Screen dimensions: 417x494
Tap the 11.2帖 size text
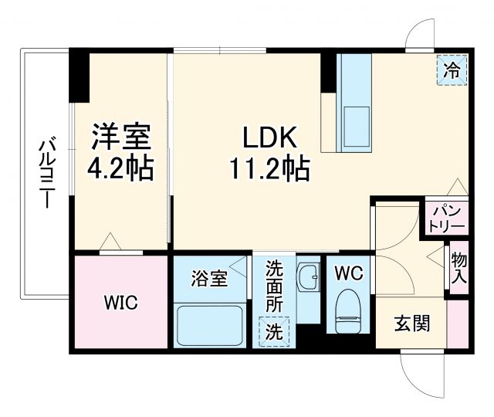(x=269, y=168)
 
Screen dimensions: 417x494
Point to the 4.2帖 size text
(x=120, y=167)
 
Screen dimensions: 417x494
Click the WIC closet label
(x=121, y=302)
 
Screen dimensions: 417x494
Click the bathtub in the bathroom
(x=210, y=325)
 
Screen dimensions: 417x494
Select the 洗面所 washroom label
(x=274, y=287)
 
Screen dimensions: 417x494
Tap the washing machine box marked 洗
(x=275, y=333)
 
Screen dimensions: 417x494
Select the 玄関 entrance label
(x=408, y=324)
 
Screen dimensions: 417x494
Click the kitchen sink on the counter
(x=356, y=122)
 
